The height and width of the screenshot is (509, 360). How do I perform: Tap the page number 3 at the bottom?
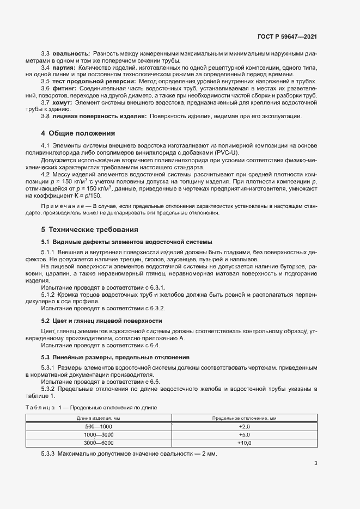click(316, 463)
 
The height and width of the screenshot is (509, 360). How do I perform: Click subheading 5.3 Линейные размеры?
click(115, 357)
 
